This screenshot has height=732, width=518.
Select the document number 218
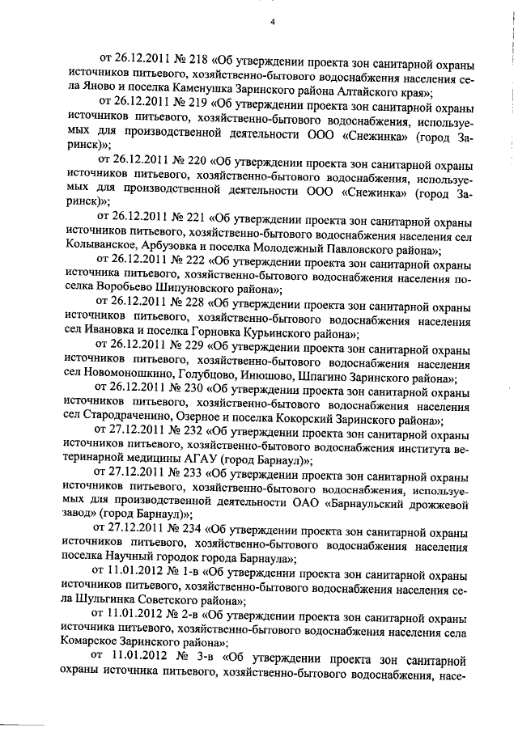[195, 58]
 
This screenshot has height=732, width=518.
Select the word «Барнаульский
[364, 501]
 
